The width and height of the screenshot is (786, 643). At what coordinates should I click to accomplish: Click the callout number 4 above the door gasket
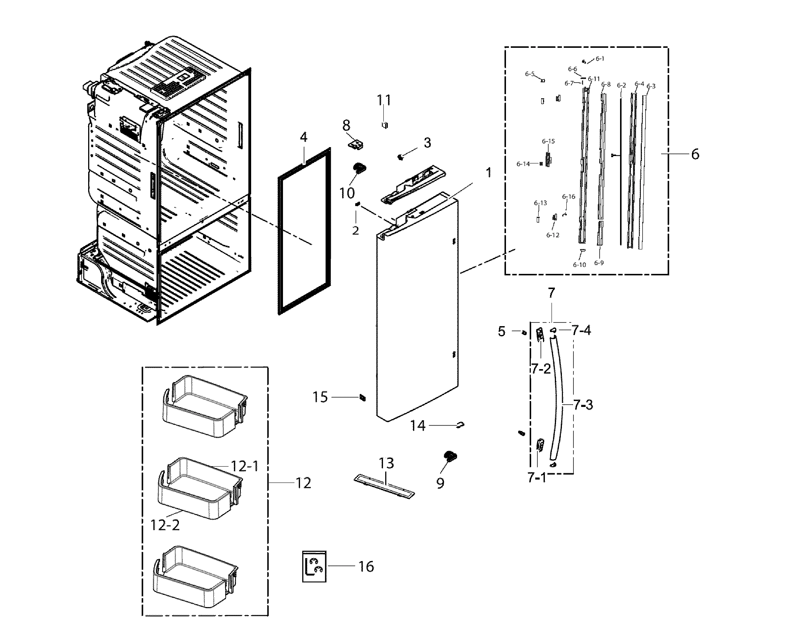[303, 138]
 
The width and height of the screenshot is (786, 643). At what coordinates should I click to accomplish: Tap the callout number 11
[384, 100]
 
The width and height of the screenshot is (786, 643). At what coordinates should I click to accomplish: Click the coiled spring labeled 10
[360, 168]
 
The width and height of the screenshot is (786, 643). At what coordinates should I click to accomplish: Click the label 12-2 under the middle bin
[165, 525]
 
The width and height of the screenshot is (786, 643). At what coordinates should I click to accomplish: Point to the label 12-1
[244, 466]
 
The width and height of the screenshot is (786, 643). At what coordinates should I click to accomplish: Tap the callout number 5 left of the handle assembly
[502, 332]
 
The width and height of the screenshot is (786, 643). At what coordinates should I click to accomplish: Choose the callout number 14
[418, 426]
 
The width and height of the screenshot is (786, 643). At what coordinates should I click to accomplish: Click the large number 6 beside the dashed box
[695, 154]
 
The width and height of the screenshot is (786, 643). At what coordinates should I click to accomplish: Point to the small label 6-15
[548, 141]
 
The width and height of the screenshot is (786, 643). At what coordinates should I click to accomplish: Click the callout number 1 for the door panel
[489, 172]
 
